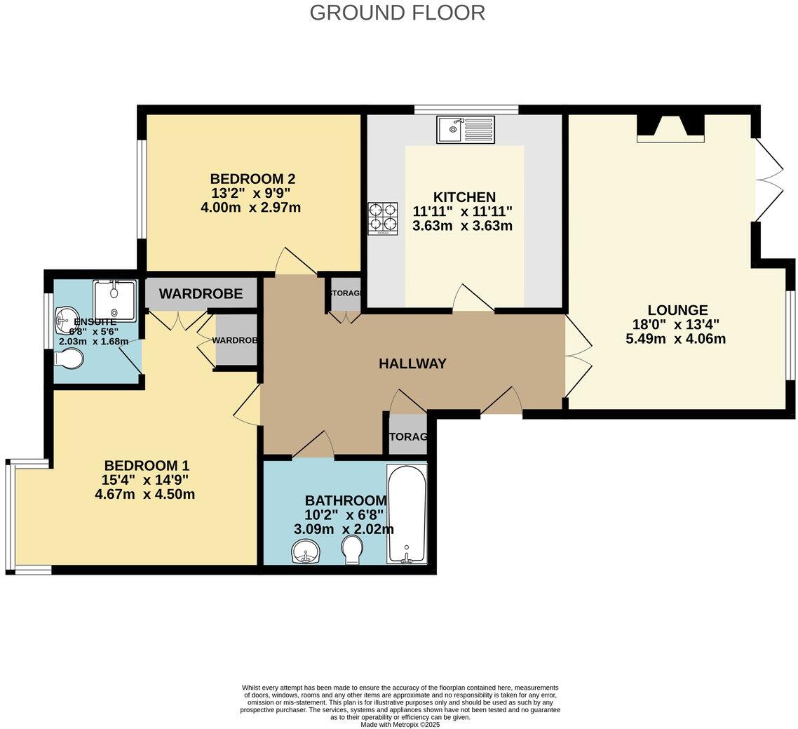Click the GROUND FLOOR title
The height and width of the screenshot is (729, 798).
pyautogui.click(x=397, y=13)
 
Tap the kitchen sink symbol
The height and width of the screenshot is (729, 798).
pyautogui.click(x=465, y=129)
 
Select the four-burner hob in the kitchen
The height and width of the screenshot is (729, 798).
pyautogui.click(x=382, y=218)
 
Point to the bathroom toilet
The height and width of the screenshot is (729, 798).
pyautogui.click(x=352, y=549)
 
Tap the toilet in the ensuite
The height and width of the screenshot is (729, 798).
pyautogui.click(x=69, y=359)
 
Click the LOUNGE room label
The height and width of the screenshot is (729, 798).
pyautogui.click(x=677, y=309)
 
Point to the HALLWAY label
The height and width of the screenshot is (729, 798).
pyautogui.click(x=412, y=363)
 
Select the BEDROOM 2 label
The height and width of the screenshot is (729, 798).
pyautogui.click(x=243, y=178)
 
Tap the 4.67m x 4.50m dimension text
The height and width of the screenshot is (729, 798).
pyautogui.click(x=144, y=494)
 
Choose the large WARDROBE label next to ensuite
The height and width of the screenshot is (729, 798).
pyautogui.click(x=201, y=294)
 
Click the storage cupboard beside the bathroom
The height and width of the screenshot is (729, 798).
pyautogui.click(x=407, y=436)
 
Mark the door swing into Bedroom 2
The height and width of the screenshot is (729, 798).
pyautogui.click(x=295, y=263)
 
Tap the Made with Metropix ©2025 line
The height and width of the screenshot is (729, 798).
pyautogui.click(x=400, y=724)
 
